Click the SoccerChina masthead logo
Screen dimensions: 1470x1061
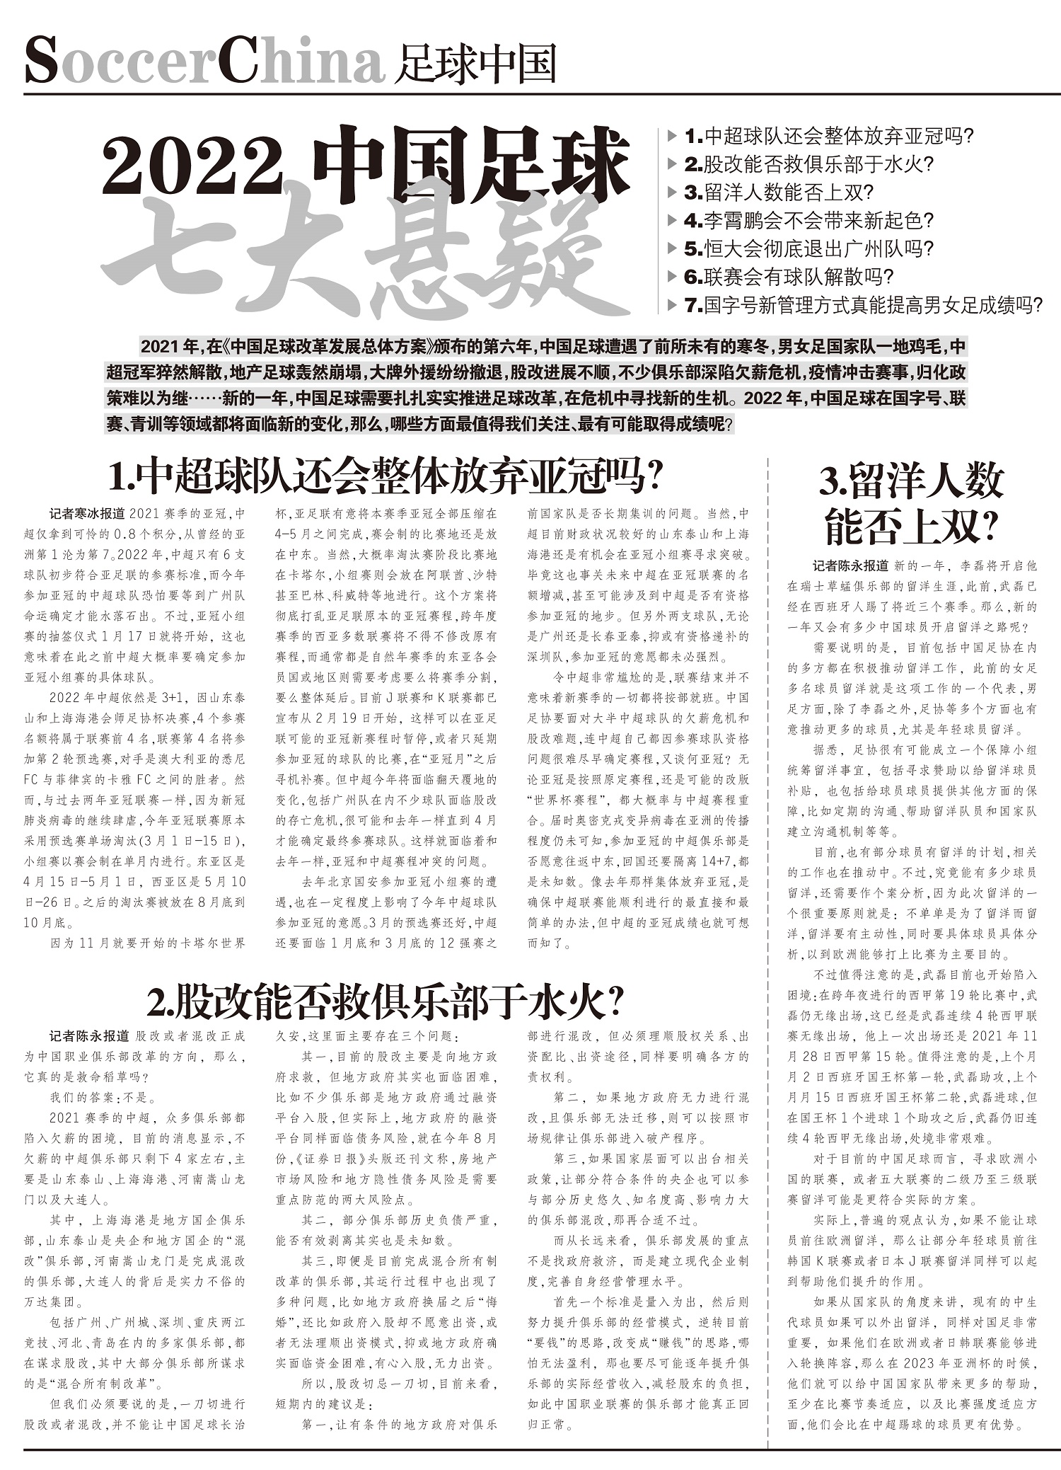click(205, 63)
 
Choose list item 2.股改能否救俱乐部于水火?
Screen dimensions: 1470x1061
click(809, 164)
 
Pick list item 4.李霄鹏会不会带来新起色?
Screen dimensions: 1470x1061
click(809, 221)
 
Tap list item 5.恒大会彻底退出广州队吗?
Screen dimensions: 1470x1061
click(809, 248)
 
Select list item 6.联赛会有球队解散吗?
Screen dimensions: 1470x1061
click(789, 277)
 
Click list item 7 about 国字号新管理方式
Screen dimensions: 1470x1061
click(864, 305)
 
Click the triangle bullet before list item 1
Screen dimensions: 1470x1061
click(672, 135)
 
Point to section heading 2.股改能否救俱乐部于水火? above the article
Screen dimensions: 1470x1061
click(385, 1001)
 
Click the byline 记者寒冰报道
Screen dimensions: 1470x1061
click(87, 514)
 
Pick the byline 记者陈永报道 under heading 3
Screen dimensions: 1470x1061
click(850, 566)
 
